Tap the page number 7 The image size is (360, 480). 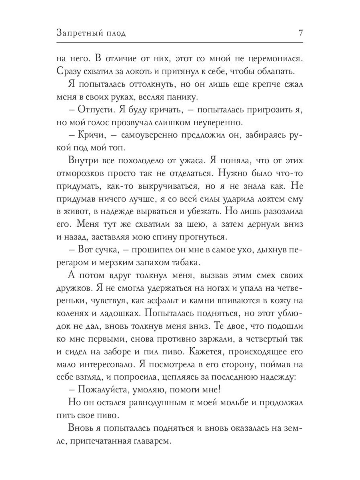coord(300,33)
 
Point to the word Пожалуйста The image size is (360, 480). coord(99,389)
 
